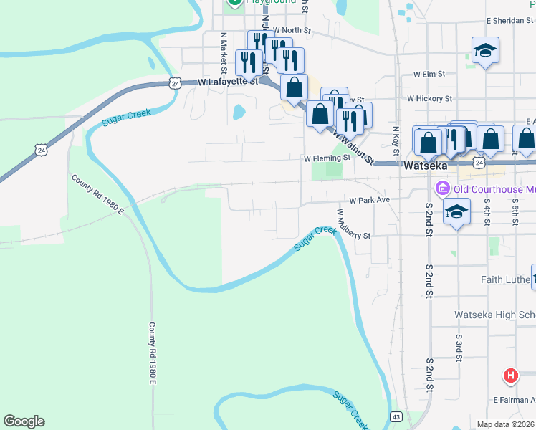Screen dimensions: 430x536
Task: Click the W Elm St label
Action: [429, 74]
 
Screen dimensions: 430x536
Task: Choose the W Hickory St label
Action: [429, 98]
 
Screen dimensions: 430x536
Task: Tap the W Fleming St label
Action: [326, 158]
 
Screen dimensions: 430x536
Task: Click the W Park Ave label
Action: [369, 201]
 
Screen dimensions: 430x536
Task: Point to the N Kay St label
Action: [395, 142]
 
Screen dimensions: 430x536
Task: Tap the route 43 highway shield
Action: [396, 416]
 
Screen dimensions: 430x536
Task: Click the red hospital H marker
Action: [510, 375]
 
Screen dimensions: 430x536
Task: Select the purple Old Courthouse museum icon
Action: [442, 189]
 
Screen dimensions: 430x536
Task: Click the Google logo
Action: [24, 421]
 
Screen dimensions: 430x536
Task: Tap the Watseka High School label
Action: [494, 315]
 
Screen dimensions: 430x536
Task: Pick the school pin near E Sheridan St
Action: [485, 50]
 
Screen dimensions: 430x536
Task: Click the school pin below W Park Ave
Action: [456, 212]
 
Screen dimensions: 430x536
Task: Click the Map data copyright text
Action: [505, 424]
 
